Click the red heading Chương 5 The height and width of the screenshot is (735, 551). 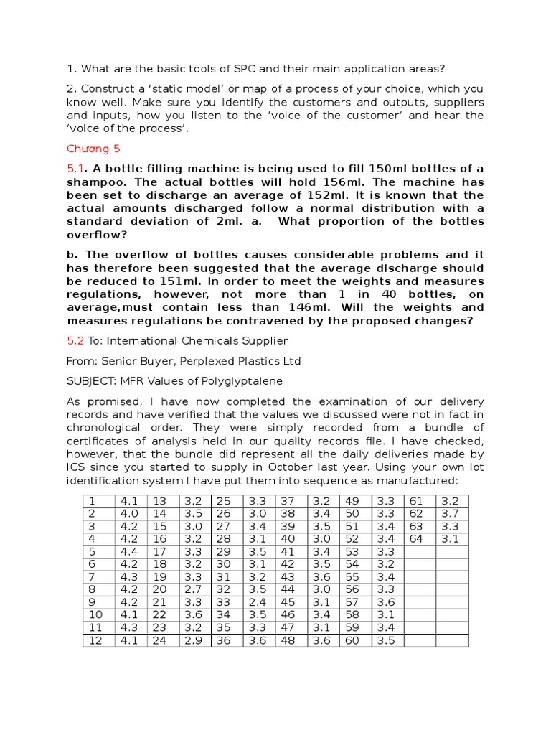(93, 149)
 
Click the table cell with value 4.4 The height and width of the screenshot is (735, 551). (130, 551)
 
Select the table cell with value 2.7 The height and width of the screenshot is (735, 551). (193, 589)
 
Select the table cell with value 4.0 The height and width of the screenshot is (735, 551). (130, 514)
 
